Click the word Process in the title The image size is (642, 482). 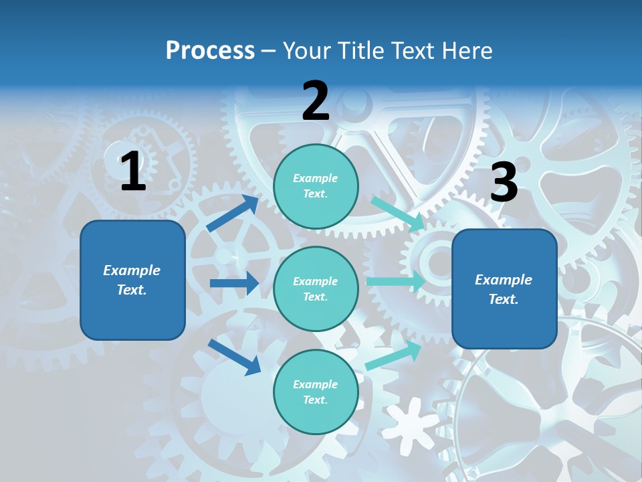pos(210,51)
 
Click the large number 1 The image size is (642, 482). pos(133,171)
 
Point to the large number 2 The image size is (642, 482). pos(316,101)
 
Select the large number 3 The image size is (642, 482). pos(504,182)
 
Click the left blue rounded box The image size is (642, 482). pos(132,280)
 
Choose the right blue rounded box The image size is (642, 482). pos(504,289)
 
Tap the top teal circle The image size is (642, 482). pos(316,186)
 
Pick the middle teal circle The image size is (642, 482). pos(316,289)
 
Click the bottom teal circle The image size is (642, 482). pos(316,392)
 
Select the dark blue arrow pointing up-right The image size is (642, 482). pos(233,214)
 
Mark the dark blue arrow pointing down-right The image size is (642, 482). pos(234,356)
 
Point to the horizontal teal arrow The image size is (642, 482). pos(395,282)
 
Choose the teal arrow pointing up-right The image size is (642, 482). pos(393,355)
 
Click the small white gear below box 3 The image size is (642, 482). pos(410,421)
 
